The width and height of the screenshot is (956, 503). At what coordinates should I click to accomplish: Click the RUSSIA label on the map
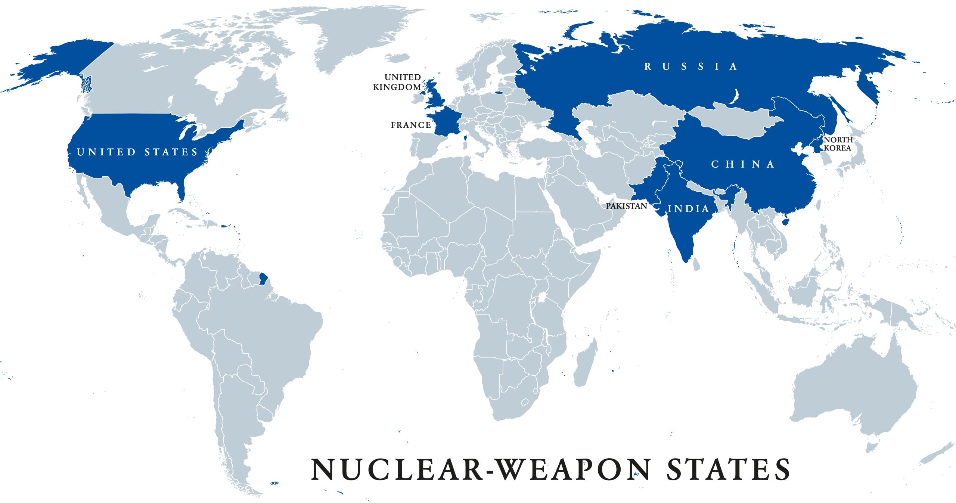(x=690, y=66)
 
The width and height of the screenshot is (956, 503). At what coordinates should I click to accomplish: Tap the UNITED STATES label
(x=137, y=152)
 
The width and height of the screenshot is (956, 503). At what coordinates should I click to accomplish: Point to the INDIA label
(x=688, y=209)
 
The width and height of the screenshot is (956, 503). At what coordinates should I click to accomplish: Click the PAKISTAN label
(x=626, y=206)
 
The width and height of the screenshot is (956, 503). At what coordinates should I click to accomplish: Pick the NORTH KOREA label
(x=838, y=144)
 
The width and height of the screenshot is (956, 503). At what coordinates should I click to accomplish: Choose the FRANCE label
(x=411, y=125)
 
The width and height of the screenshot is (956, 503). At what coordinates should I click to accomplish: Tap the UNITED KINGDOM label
(x=397, y=82)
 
